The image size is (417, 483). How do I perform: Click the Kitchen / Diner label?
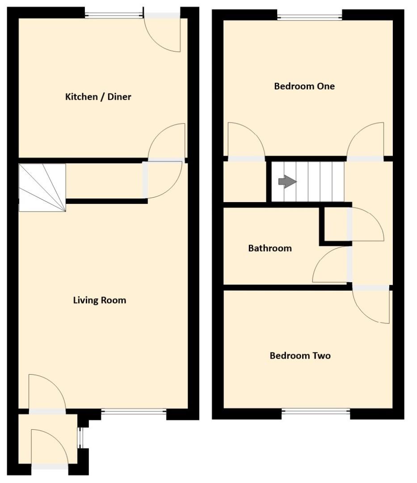pyautogui.click(x=98, y=97)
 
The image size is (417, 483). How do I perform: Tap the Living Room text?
pyautogui.click(x=99, y=300)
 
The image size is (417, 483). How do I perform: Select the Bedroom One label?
pyautogui.click(x=304, y=86)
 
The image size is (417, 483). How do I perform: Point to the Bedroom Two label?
pyautogui.click(x=300, y=356)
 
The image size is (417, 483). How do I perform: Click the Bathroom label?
pyautogui.click(x=270, y=248)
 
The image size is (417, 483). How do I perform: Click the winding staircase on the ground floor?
pyautogui.click(x=42, y=187)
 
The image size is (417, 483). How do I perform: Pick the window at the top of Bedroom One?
pyautogui.click(x=309, y=17)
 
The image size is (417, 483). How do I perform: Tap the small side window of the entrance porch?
pyautogui.click(x=80, y=438)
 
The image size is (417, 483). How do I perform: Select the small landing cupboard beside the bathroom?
pyautogui.click(x=335, y=225)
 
